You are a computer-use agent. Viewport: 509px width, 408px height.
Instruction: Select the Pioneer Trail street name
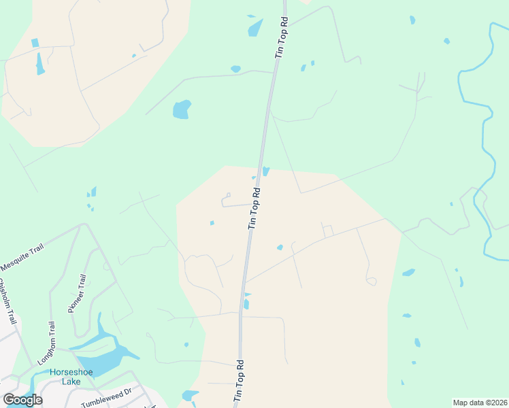pyautogui.click(x=77, y=293)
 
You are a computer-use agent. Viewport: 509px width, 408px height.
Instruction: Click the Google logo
pyautogui.click(x=22, y=399)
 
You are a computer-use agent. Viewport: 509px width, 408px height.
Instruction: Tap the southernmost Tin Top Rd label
pyautogui.click(x=239, y=380)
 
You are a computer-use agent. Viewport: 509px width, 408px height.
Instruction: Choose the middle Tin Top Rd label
pyautogui.click(x=255, y=207)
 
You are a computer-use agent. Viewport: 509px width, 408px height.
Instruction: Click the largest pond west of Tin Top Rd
pyautogui.click(x=181, y=109)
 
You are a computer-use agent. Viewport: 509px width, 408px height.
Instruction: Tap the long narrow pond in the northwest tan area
pyautogui.click(x=40, y=63)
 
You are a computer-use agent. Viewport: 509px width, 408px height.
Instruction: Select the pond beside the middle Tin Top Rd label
pyautogui.click(x=265, y=171)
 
